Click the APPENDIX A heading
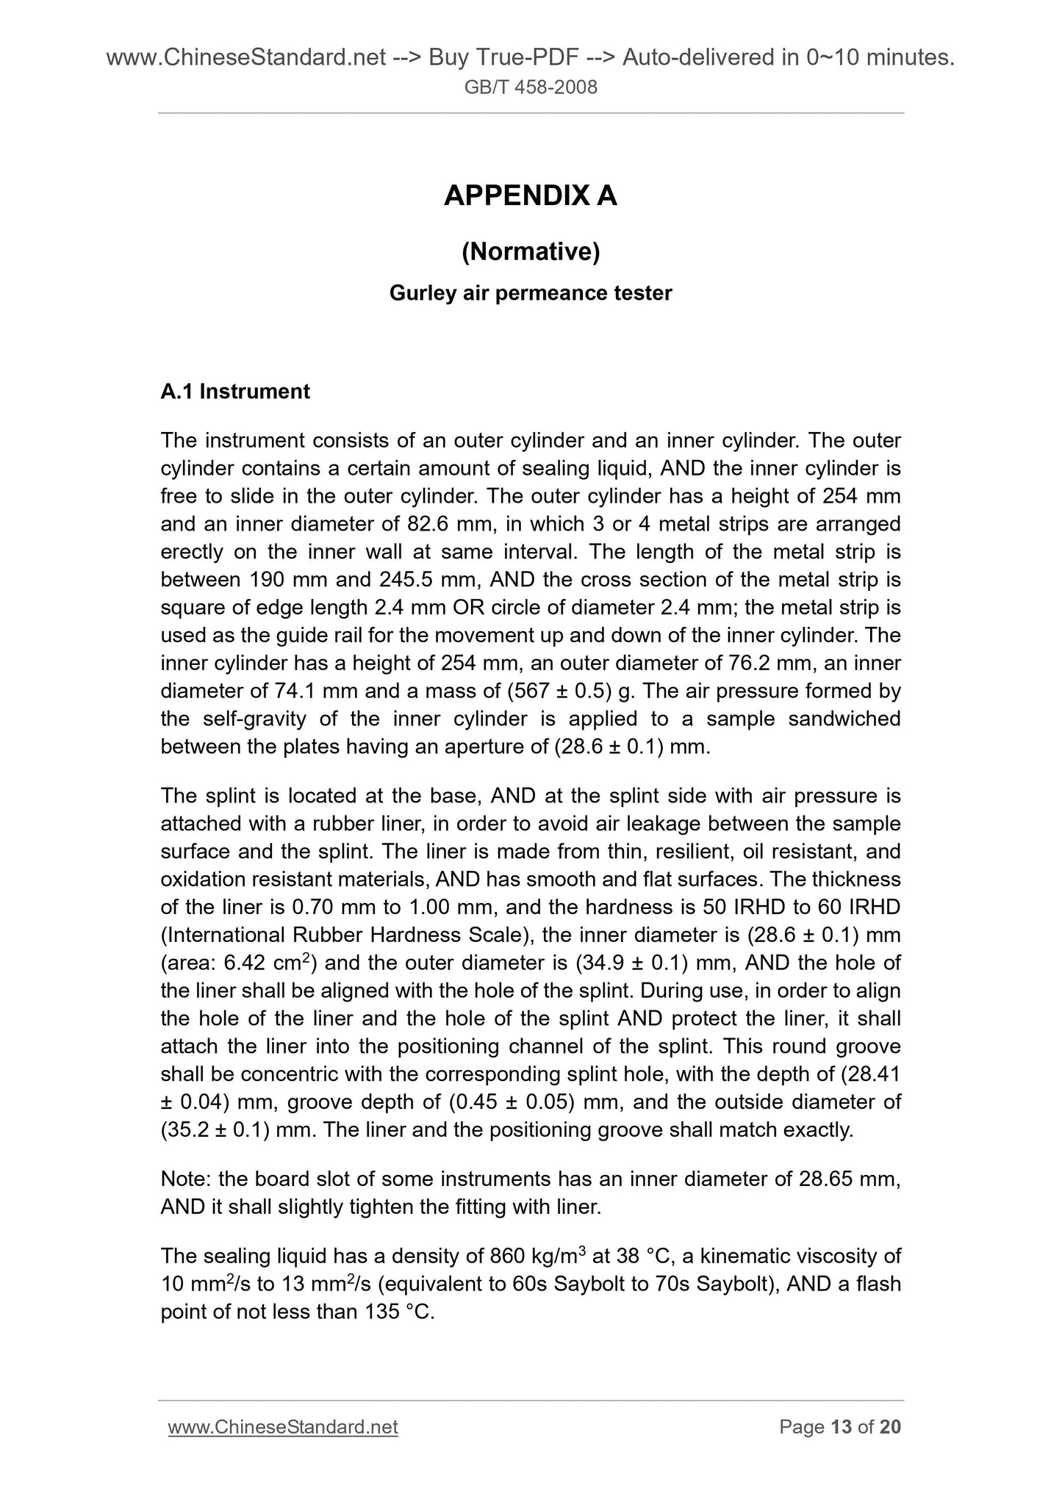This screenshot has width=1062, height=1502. point(530,196)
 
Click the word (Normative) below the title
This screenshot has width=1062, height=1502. point(530,252)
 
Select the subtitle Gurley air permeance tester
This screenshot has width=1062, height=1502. point(530,293)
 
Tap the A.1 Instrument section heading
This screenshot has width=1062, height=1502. point(235,392)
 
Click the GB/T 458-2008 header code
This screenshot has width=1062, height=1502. point(530,88)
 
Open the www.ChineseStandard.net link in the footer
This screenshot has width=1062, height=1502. point(283,1427)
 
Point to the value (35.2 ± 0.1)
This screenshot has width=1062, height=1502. point(216,1130)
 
